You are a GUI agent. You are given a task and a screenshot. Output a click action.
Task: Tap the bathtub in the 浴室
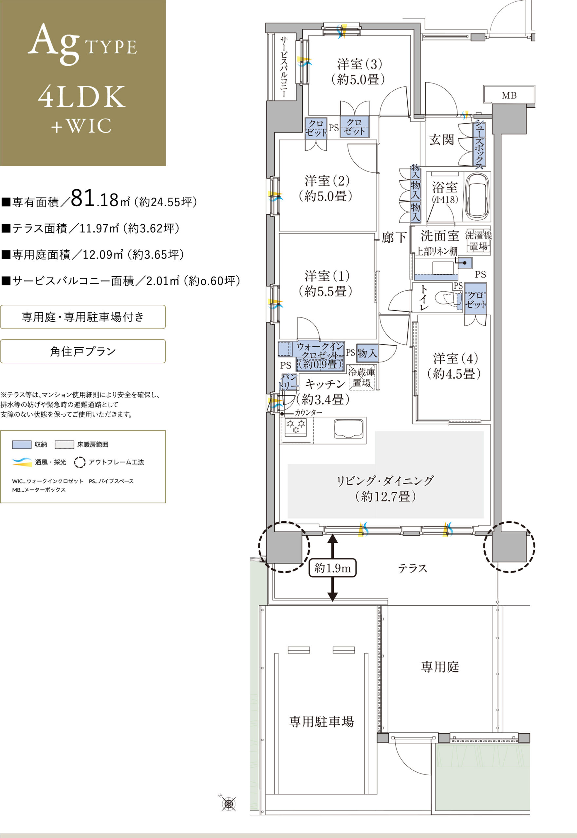[x=477, y=197]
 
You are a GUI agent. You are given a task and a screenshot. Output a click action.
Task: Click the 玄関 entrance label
[x=441, y=139]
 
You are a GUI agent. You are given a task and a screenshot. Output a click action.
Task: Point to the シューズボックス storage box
[x=479, y=144]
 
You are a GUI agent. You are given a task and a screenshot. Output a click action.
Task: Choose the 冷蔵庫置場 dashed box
[x=362, y=377]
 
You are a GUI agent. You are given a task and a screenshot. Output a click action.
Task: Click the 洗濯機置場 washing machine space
[x=478, y=240]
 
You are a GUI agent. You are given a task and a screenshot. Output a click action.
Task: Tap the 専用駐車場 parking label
[x=321, y=722]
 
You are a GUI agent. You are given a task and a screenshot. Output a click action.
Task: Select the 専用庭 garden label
[x=440, y=667]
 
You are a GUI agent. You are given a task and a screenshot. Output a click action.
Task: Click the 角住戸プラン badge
[x=83, y=351]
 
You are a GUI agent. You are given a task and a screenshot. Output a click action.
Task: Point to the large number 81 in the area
[x=83, y=198]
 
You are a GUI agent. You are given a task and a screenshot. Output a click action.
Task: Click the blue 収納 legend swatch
[x=22, y=445]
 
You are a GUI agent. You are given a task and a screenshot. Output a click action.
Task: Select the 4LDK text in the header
[x=82, y=97]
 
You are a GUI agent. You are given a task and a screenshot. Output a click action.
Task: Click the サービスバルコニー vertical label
[x=285, y=67]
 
